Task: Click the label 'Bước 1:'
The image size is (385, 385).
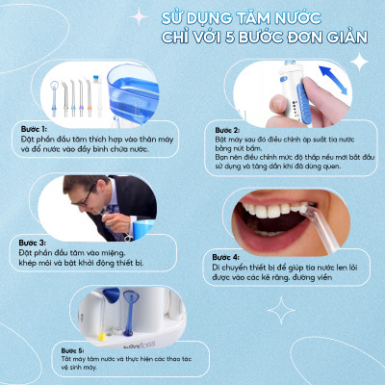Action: coord(31,126)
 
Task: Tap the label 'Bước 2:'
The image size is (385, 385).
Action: coord(227,128)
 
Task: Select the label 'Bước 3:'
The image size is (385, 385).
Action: coord(31,241)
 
